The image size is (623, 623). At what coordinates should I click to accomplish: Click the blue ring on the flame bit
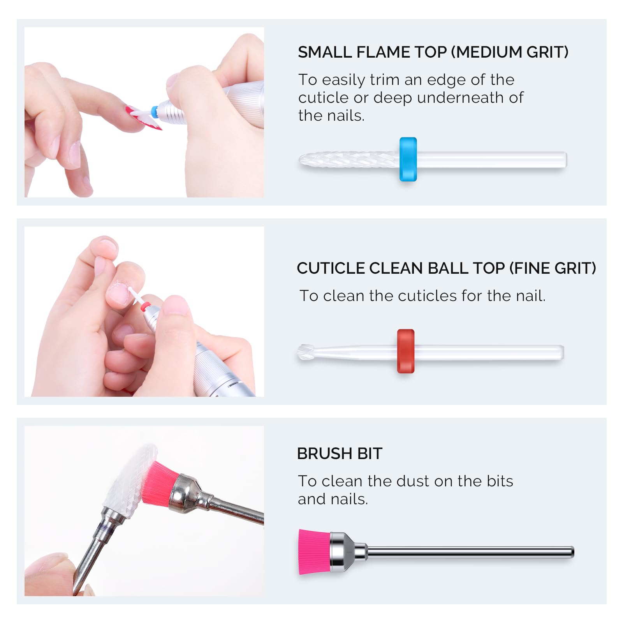pos(408,159)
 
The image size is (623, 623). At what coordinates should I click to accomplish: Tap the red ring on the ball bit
pos(406,351)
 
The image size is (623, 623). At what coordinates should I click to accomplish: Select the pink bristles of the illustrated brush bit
pos(314,552)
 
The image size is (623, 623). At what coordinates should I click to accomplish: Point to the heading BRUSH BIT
pos(340,454)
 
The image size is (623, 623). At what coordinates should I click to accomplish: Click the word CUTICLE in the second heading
pos(331,268)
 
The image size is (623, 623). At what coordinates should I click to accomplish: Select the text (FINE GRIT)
pos(553,268)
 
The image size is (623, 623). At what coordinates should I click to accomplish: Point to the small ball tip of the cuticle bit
pos(305,352)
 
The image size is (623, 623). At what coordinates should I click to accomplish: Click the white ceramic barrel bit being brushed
pos(130,481)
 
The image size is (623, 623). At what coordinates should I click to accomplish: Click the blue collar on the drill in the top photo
pos(154,112)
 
